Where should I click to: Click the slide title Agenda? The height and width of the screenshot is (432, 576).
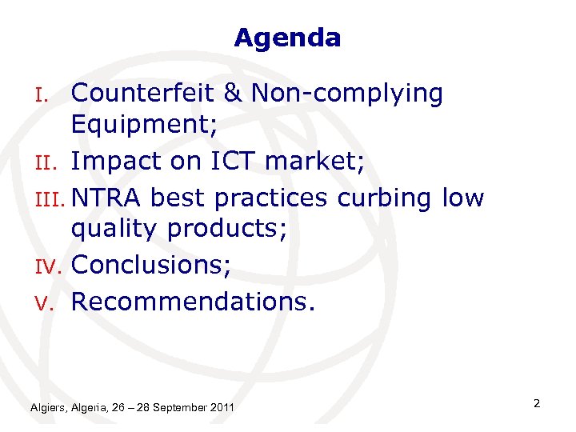[287, 38]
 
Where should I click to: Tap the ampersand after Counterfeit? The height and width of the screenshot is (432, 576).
[234, 94]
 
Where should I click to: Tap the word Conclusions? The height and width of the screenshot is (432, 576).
[151, 266]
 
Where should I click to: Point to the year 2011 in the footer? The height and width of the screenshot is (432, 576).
[222, 408]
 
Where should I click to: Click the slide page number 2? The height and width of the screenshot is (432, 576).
[537, 403]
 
